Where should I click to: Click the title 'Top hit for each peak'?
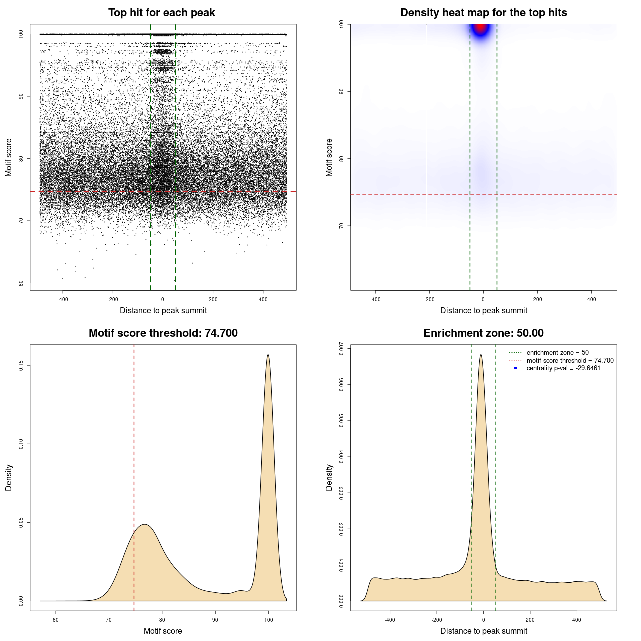tap(161, 13)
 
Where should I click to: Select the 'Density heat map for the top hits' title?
tap(483, 13)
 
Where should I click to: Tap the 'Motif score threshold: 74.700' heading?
tap(163, 333)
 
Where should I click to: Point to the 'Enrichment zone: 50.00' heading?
tap(483, 333)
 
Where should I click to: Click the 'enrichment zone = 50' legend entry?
tap(557, 353)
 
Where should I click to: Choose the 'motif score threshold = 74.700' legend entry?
tap(570, 360)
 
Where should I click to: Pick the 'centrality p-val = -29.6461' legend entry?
tap(563, 368)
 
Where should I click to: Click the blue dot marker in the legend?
tap(515, 368)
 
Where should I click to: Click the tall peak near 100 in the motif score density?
tap(268, 356)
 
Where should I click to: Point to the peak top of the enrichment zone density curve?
tap(481, 355)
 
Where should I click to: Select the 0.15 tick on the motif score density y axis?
tap(21, 366)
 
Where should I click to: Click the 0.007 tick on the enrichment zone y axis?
tap(341, 349)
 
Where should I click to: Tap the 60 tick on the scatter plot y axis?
tap(21, 283)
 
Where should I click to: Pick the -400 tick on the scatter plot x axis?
tap(63, 299)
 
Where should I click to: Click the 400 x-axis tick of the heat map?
tap(591, 299)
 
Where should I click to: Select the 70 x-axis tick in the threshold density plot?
tap(109, 620)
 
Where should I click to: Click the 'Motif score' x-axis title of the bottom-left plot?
tap(163, 631)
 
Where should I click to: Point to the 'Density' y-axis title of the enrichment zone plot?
tap(329, 477)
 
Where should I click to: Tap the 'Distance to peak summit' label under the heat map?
tap(483, 310)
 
